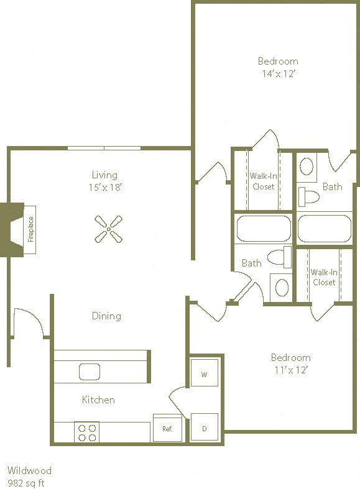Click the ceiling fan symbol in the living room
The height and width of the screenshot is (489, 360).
pyautogui.click(x=109, y=229)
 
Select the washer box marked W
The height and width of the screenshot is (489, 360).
pyautogui.click(x=204, y=374)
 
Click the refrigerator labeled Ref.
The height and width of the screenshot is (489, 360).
pyautogui.click(x=167, y=428)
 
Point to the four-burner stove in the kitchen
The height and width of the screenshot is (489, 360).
pyautogui.click(x=87, y=432)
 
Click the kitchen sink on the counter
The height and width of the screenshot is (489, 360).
pyautogui.click(x=90, y=372)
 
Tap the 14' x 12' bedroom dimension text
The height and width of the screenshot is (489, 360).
pyautogui.click(x=278, y=73)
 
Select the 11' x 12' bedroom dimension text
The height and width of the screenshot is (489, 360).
pyautogui.click(x=290, y=370)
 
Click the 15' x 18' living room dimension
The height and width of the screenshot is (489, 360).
pyautogui.click(x=104, y=187)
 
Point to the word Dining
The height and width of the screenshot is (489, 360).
pyautogui.click(x=106, y=316)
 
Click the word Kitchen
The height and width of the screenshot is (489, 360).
pyautogui.click(x=98, y=400)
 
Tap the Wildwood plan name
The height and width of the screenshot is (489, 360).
pyautogui.click(x=29, y=470)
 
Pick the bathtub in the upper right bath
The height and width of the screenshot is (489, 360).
pyautogui.click(x=324, y=229)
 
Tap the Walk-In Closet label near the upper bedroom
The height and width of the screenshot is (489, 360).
pyautogui.click(x=263, y=181)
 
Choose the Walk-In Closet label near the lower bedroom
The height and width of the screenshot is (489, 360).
pyautogui.click(x=323, y=276)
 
